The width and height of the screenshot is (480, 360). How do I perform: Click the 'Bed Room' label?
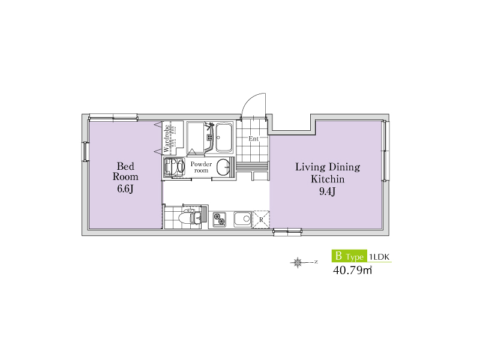tap(125, 172)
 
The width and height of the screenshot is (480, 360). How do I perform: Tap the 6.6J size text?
tap(125, 188)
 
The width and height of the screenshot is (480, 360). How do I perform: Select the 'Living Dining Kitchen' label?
tap(328, 173)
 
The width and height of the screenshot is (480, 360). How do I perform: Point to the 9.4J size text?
tap(328, 191)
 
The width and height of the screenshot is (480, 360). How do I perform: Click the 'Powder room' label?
tap(201, 167)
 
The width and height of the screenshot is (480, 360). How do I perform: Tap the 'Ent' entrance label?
tap(253, 139)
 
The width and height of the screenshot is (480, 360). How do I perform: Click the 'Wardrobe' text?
tap(166, 138)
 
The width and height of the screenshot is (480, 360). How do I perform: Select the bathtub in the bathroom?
tap(224, 137)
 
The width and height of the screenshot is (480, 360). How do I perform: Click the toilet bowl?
tap(187, 218)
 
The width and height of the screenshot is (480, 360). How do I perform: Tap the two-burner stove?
tap(219, 219)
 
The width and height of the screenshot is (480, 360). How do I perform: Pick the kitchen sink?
tap(243, 219)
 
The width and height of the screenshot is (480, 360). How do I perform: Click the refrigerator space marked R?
tap(261, 220)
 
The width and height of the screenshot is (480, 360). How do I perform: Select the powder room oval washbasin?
tap(223, 167)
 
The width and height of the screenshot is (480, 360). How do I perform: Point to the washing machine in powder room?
tap(174, 167)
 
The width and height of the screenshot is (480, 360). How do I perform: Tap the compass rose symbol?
tap(298, 262)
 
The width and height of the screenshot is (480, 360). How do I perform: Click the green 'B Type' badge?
tap(349, 256)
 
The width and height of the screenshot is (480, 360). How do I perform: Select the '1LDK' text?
tap(379, 257)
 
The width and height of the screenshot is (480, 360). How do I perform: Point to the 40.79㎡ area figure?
tap(352, 271)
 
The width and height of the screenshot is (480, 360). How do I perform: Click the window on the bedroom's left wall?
tap(85, 152)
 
